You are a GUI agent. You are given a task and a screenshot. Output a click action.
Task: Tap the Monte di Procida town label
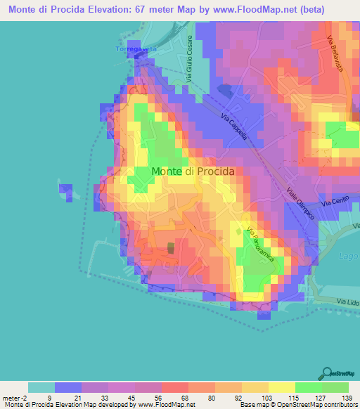193,171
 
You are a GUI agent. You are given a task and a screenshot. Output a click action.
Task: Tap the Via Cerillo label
335,203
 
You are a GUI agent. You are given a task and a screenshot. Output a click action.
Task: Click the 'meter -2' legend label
15,397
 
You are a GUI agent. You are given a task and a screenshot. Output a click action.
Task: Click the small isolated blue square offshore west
65,190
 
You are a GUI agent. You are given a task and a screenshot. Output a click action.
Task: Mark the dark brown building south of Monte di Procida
171,247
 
